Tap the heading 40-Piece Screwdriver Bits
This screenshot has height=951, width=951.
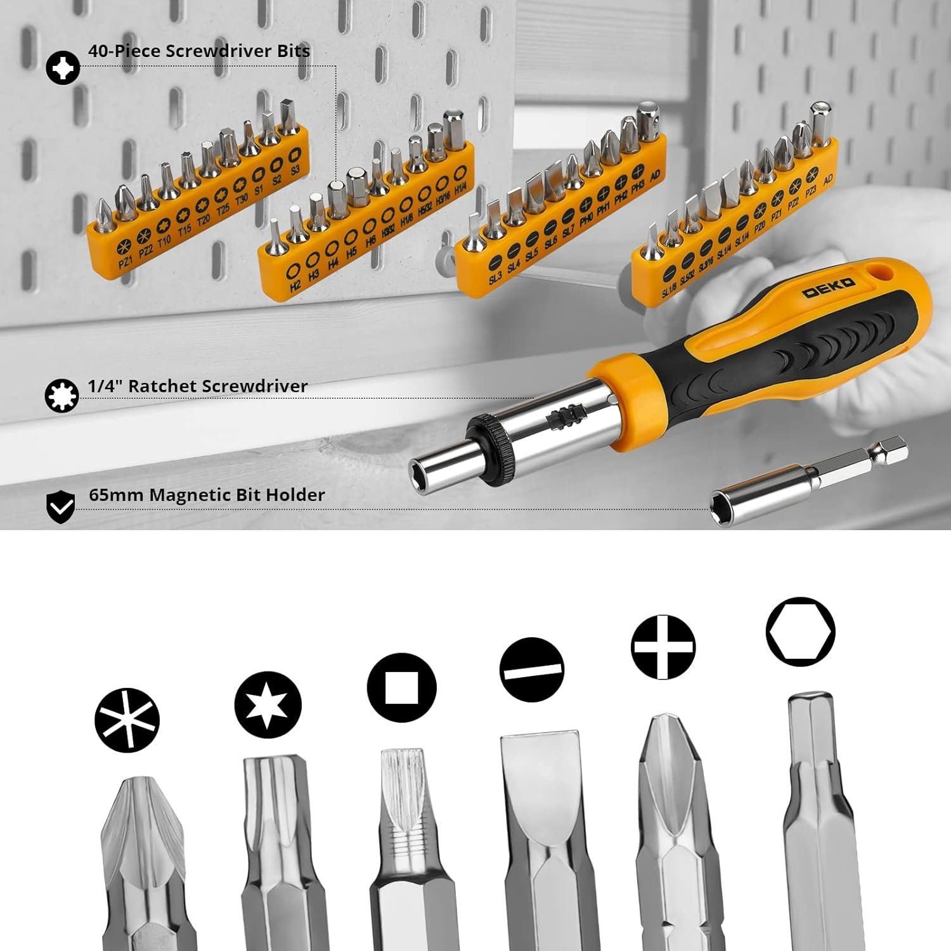199,51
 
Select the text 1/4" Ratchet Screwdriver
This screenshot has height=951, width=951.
198,385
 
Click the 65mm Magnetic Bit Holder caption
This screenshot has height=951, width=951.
207,495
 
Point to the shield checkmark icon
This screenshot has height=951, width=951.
62,505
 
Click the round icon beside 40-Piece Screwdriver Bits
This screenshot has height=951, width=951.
63,67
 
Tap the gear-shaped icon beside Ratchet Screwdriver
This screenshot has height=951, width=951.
62,396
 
